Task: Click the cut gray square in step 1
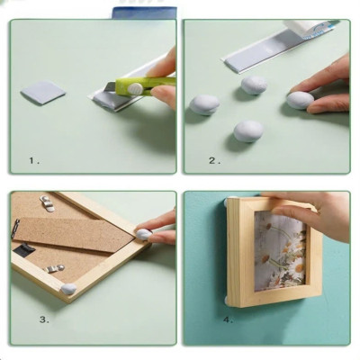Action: click(43, 92)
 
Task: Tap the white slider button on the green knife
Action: click(135, 88)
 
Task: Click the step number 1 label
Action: click(34, 160)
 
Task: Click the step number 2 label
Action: click(214, 160)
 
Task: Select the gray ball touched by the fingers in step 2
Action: click(299, 99)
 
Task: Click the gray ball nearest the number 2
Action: click(248, 131)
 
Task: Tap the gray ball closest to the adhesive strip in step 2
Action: click(254, 85)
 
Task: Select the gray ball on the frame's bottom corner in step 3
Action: click(67, 290)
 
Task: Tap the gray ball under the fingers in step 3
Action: click(141, 235)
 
